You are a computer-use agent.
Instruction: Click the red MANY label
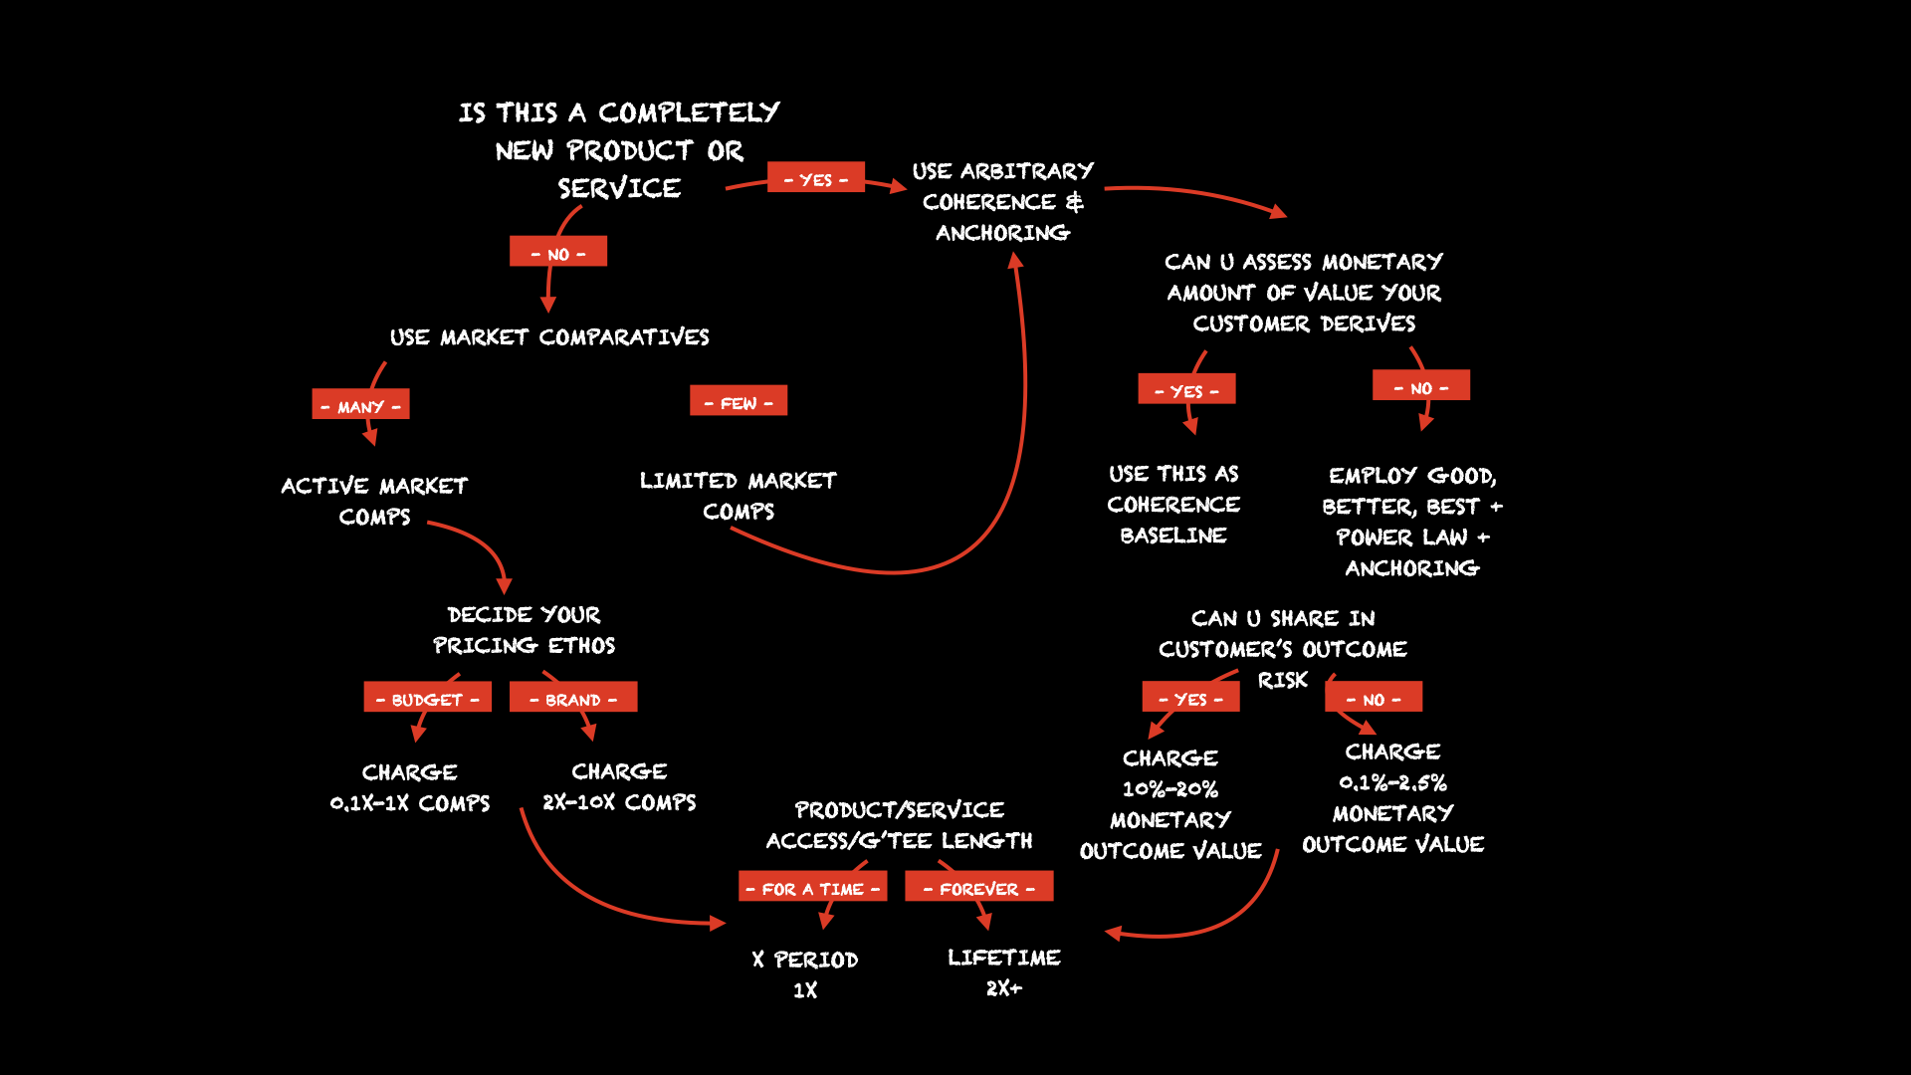pyautogui.click(x=360, y=405)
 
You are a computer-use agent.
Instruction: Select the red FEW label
pyautogui.click(x=738, y=401)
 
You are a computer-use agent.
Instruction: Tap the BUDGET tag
pyautogui.click(x=427, y=698)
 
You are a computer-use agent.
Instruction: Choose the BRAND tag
pyautogui.click(x=572, y=698)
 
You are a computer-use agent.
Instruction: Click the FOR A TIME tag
pyautogui.click(x=812, y=887)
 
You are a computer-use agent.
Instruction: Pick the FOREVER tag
pyautogui.click(x=978, y=887)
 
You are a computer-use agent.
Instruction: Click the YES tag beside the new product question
pyautogui.click(x=815, y=178)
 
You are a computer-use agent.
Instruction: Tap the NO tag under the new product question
pyautogui.click(x=557, y=252)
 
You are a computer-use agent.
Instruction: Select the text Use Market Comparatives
pyautogui.click(x=549, y=337)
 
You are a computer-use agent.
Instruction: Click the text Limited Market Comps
pyautogui.click(x=738, y=496)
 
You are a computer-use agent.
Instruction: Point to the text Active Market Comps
pyautogui.click(x=374, y=501)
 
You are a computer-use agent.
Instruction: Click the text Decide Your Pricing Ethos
pyautogui.click(x=524, y=630)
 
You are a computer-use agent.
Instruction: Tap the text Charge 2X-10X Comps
pyautogui.click(x=619, y=786)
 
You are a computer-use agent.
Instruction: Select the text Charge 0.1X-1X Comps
pyautogui.click(x=410, y=787)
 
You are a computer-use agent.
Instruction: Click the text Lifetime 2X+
pyautogui.click(x=1003, y=972)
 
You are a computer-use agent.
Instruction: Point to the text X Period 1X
pyautogui.click(x=805, y=974)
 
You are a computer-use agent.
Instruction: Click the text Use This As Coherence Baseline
pyautogui.click(x=1173, y=505)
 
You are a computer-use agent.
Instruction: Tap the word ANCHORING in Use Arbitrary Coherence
pyautogui.click(x=1002, y=233)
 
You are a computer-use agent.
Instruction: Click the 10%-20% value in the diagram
pyautogui.click(x=1170, y=789)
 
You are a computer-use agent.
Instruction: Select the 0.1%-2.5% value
pyautogui.click(x=1392, y=783)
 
